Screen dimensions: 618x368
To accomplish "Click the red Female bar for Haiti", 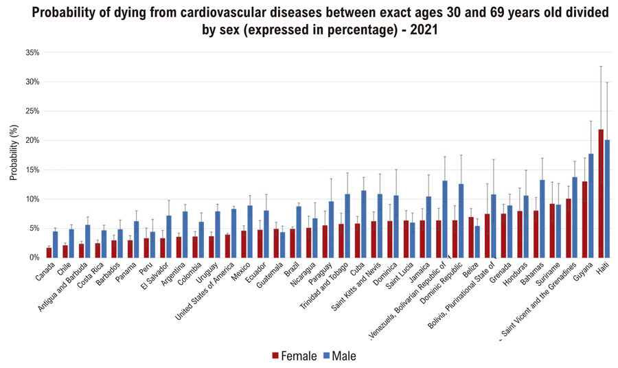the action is coord(601,194).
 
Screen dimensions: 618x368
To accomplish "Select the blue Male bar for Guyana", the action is coord(591,206).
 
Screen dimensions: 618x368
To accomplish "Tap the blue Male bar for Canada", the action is coord(56,244).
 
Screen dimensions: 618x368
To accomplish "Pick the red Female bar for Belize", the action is coord(471,237).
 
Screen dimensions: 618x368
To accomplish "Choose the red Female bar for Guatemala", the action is coord(276,244).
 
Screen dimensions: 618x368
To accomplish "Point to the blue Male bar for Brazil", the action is coord(299,232).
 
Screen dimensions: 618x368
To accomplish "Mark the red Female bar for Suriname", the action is coord(552,231).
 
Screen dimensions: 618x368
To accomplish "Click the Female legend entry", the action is coord(295,356).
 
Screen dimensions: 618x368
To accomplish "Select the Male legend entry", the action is coord(339,356).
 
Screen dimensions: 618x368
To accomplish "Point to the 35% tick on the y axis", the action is coord(33,53).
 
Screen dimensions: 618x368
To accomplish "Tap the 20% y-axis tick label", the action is coord(33,141).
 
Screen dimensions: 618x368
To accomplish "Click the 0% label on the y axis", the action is coord(34,257).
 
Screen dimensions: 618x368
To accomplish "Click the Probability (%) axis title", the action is coord(14,152).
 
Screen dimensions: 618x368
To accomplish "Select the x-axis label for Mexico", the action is coord(241,272).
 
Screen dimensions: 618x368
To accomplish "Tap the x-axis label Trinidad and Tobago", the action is coord(324,286).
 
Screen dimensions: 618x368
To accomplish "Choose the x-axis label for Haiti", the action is coord(603,268).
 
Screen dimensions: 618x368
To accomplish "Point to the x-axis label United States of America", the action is coord(205,292).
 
